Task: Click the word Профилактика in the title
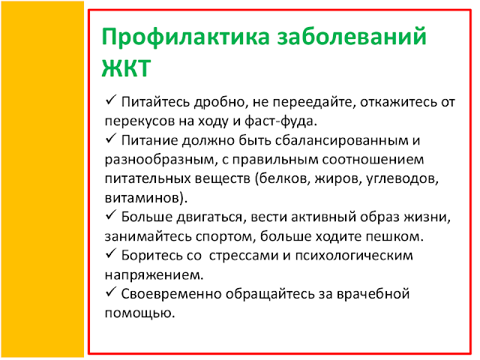pyautogui.click(x=185, y=37)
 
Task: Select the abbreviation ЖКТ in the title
pyautogui.click(x=126, y=67)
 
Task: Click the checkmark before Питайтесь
pyautogui.click(x=110, y=100)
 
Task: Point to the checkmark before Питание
pyautogui.click(x=110, y=138)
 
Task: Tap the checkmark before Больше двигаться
pyautogui.click(x=110, y=215)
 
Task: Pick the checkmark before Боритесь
pyautogui.click(x=110, y=253)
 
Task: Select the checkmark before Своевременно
pyautogui.click(x=110, y=292)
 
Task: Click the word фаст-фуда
pyautogui.click(x=280, y=121)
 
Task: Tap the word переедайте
pyautogui.click(x=314, y=102)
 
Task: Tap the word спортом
pyautogui.click(x=226, y=237)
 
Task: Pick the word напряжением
pyautogui.click(x=154, y=275)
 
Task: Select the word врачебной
pyautogui.click(x=373, y=294)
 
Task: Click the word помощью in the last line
pyautogui.click(x=140, y=313)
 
